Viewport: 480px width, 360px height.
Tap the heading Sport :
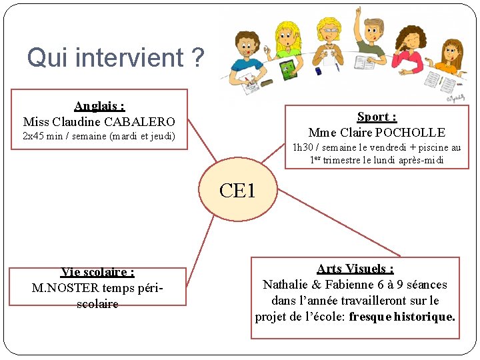(377, 117)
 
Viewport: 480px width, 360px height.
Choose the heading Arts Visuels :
(355, 269)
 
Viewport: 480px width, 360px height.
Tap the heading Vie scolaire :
(97, 272)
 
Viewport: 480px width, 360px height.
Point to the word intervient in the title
(129, 59)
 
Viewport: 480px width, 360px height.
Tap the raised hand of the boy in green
(359, 12)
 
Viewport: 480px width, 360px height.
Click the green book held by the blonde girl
(287, 69)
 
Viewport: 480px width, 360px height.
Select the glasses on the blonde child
(329, 33)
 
